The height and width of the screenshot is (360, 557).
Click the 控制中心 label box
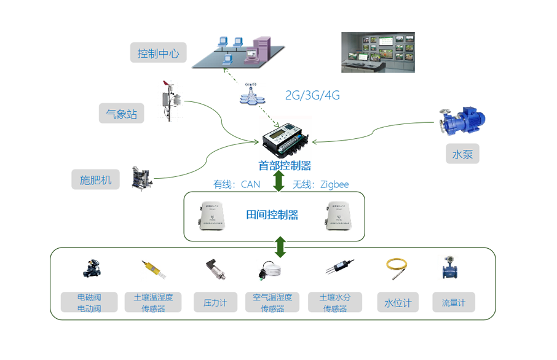pyautogui.click(x=158, y=53)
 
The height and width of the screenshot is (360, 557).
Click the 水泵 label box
pyautogui.click(x=462, y=154)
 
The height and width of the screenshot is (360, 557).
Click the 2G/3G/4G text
pyautogui.click(x=312, y=95)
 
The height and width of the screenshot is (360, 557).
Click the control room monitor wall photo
pyautogui.click(x=378, y=52)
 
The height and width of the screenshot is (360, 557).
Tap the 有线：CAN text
pyautogui.click(x=237, y=184)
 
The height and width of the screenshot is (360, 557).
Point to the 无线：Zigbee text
pyautogui.click(x=320, y=184)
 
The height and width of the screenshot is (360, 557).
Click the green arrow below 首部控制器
pyautogui.click(x=278, y=181)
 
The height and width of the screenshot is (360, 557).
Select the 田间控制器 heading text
pyautogui.click(x=272, y=214)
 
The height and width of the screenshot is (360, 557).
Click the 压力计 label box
pyautogui.click(x=215, y=302)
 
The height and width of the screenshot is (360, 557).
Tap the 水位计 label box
pyautogui.click(x=398, y=302)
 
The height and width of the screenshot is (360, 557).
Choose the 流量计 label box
pyautogui.click(x=454, y=302)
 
